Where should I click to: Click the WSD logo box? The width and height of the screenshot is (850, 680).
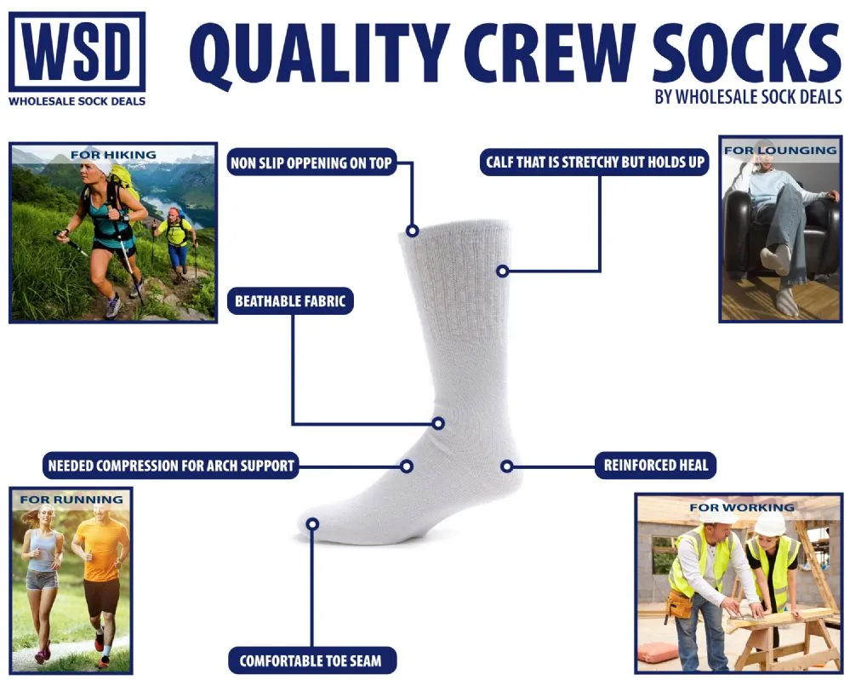click(77, 52)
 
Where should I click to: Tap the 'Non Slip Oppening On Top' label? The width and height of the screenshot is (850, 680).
click(311, 163)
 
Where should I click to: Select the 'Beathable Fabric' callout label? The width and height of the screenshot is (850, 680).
click(290, 301)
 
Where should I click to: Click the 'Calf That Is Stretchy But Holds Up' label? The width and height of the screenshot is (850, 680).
click(595, 163)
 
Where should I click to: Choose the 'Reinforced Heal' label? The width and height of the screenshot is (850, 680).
click(655, 466)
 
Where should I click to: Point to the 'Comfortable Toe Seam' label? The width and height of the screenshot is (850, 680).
click(311, 660)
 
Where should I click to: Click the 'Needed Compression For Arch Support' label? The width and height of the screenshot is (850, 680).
click(171, 466)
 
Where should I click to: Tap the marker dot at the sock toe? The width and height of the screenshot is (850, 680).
click(312, 523)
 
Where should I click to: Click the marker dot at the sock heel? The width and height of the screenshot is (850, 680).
click(507, 466)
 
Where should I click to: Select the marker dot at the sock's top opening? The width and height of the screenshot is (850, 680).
click(412, 231)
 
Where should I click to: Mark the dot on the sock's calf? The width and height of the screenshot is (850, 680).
click(503, 271)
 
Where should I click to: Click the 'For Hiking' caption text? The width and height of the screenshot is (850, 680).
click(113, 155)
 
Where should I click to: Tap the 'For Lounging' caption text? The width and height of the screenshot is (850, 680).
click(780, 150)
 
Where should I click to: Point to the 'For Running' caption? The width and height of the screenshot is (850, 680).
click(71, 500)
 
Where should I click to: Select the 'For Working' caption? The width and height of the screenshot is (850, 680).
click(742, 507)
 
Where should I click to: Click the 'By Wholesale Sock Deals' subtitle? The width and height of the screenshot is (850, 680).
click(748, 97)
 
